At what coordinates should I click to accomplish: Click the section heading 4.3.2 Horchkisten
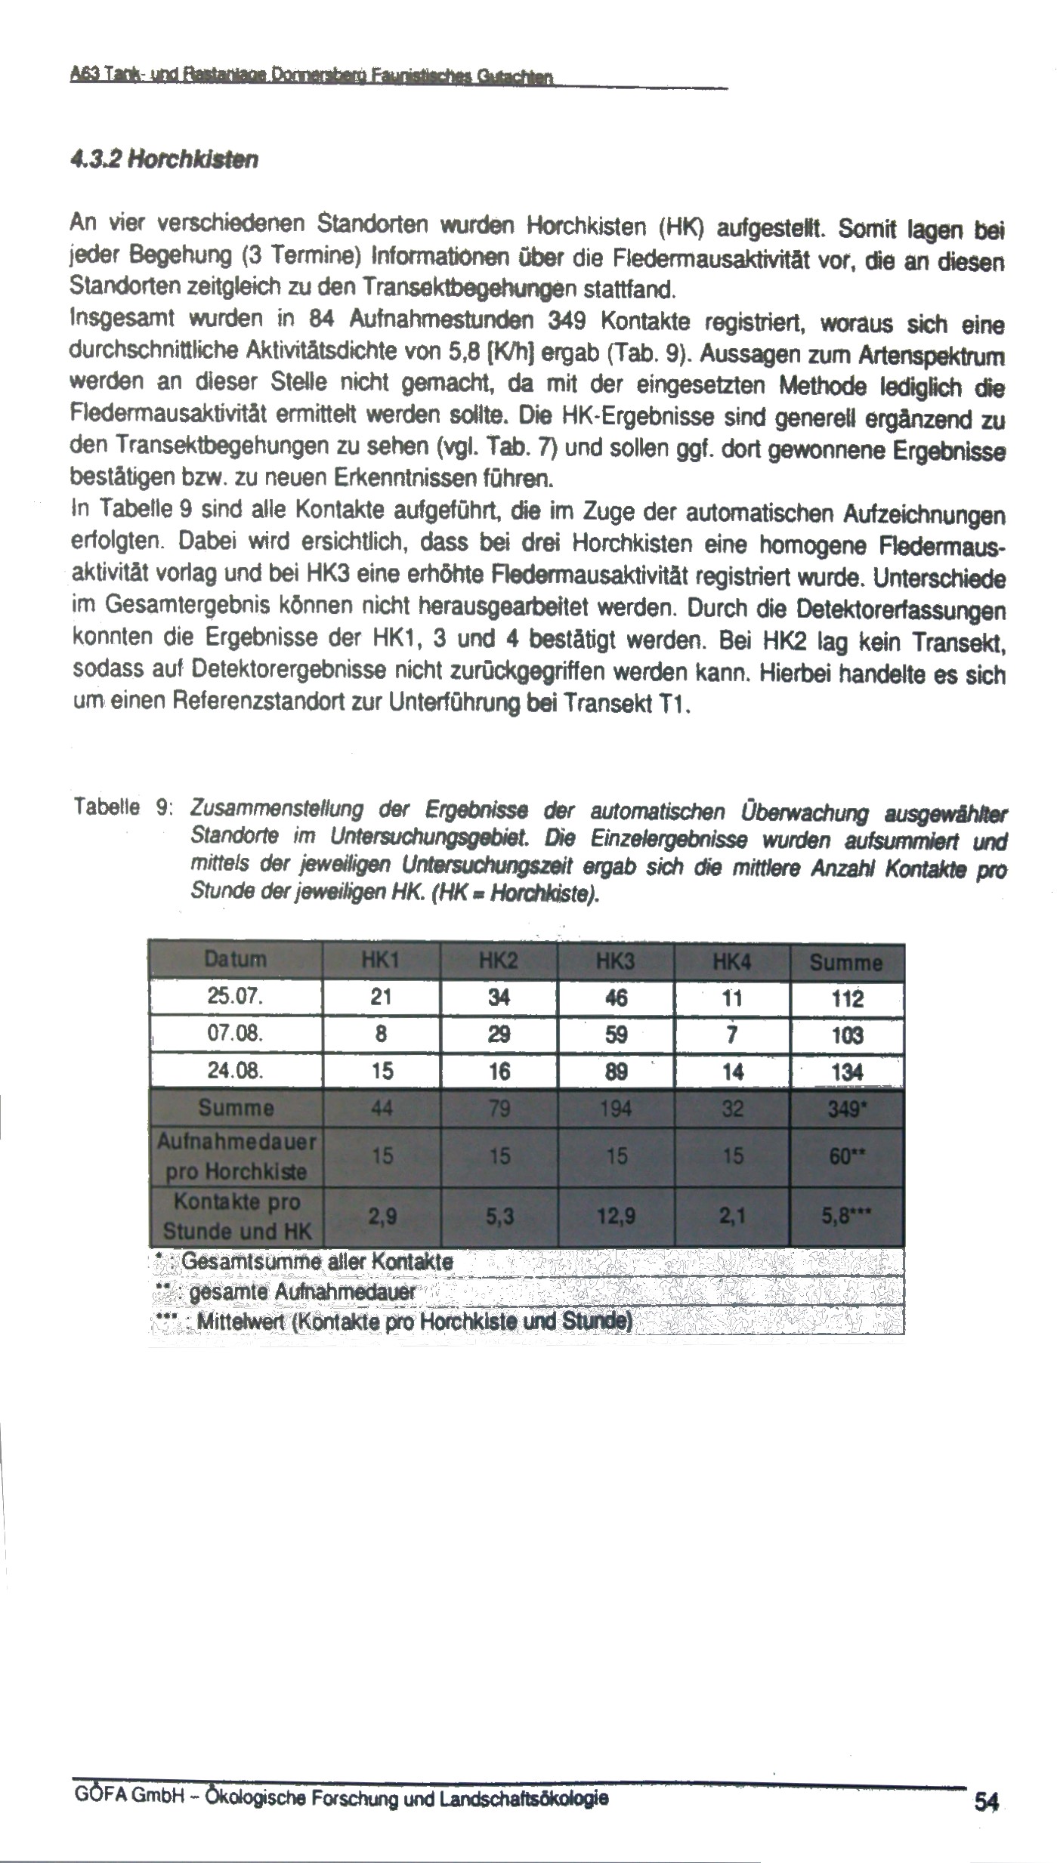164,160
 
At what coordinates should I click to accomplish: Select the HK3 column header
616,961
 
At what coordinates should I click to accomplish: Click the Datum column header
235,960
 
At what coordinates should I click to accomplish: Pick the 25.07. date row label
235,997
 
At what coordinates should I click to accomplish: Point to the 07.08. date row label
235,1034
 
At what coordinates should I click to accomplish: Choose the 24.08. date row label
235,1070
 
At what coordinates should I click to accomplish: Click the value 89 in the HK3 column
617,1071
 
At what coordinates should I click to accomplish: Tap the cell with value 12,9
617,1217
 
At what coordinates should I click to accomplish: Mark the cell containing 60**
845,1156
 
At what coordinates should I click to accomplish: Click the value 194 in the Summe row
617,1108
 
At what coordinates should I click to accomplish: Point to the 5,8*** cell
845,1217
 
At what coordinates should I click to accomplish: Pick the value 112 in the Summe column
846,998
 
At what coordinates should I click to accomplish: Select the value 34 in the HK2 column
499,998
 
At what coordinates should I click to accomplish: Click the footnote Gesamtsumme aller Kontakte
317,1261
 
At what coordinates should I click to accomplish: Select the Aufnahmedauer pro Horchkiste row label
236,1156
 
